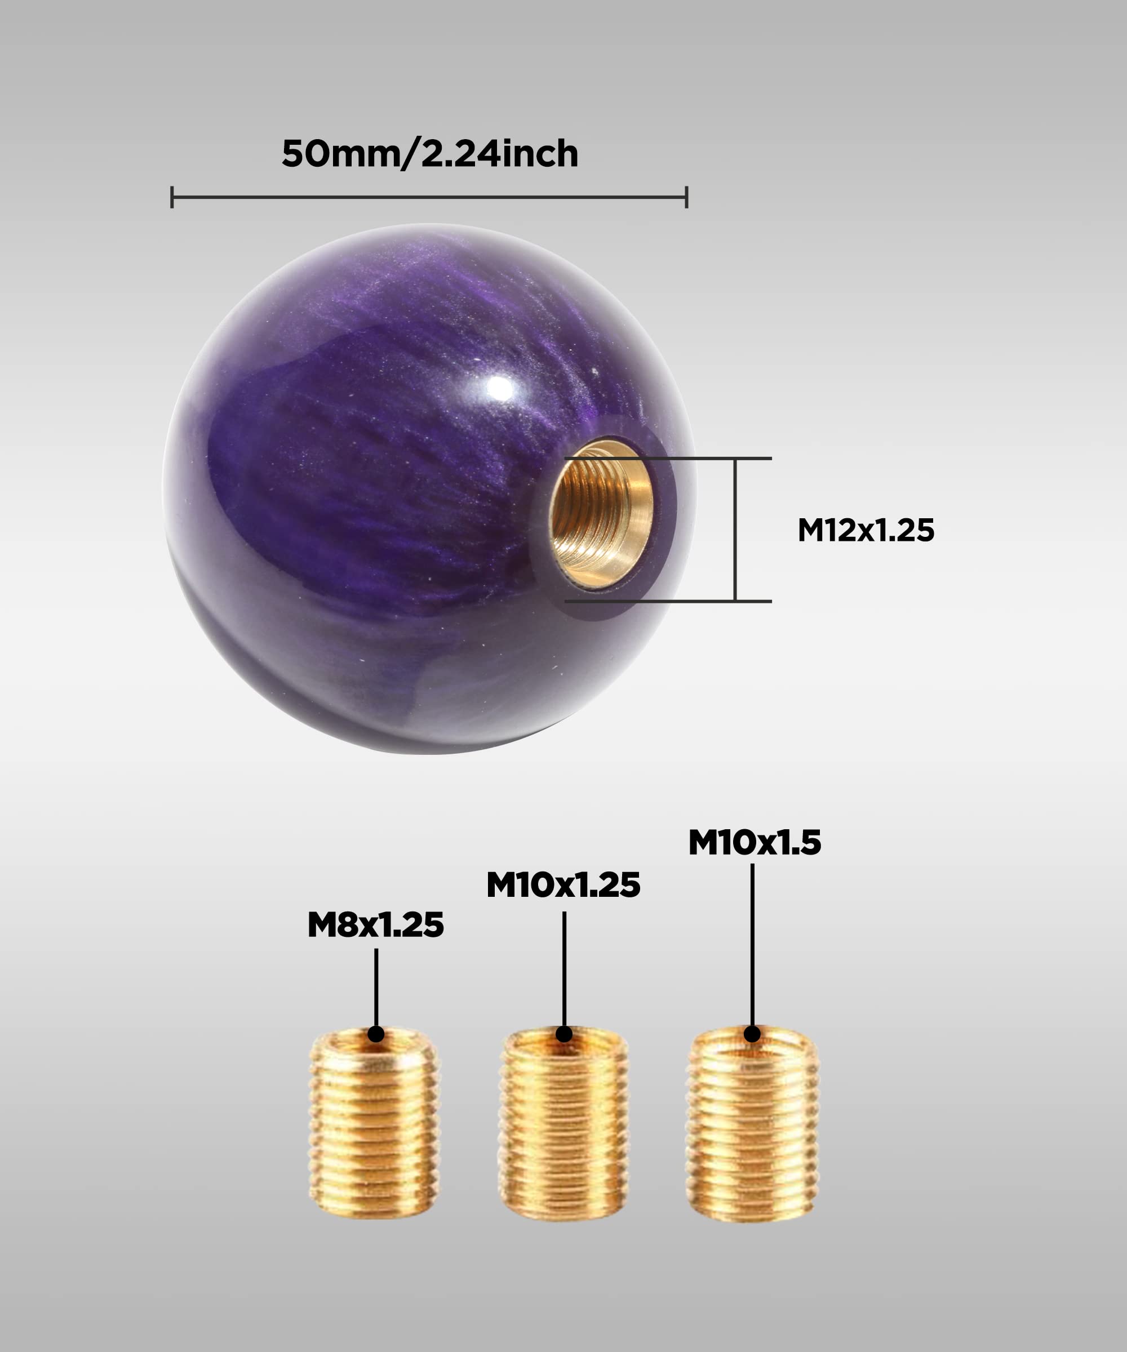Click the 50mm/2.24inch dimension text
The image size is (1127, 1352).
click(x=429, y=154)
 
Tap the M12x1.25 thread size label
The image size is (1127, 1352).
click(x=865, y=530)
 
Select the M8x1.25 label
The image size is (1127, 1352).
click(x=375, y=925)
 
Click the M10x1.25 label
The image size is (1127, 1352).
click(x=563, y=884)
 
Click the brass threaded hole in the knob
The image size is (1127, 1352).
click(x=600, y=513)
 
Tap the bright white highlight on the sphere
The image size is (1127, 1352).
click(x=500, y=388)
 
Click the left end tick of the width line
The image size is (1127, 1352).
click(x=172, y=197)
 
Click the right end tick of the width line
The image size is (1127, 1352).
click(x=686, y=197)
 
